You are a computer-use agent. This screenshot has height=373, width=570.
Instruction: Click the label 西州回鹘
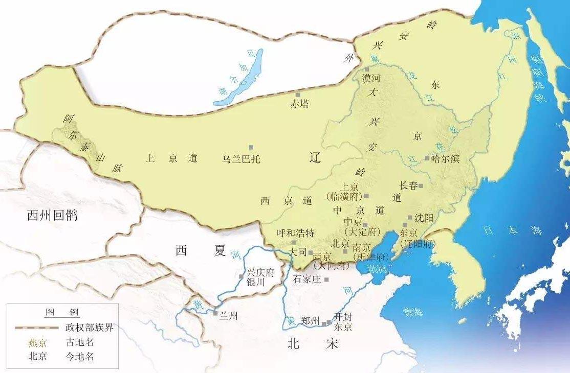(52, 216)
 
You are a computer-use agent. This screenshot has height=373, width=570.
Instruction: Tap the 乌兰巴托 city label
(242, 159)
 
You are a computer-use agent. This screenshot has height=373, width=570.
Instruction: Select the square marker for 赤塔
(298, 95)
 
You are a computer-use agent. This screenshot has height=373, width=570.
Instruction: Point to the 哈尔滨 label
(446, 159)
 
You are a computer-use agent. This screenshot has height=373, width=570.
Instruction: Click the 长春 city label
(408, 185)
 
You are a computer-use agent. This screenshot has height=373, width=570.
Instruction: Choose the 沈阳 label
(424, 218)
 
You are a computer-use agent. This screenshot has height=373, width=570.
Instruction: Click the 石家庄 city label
(307, 279)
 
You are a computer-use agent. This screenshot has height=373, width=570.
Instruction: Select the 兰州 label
(228, 316)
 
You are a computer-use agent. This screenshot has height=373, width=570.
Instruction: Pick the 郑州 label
(311, 321)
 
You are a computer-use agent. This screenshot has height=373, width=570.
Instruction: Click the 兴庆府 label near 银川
(261, 273)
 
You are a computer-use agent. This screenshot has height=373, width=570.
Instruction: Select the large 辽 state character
(315, 158)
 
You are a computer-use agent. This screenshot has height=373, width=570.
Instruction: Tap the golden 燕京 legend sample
(37, 342)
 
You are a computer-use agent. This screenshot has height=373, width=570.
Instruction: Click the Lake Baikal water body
(240, 82)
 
